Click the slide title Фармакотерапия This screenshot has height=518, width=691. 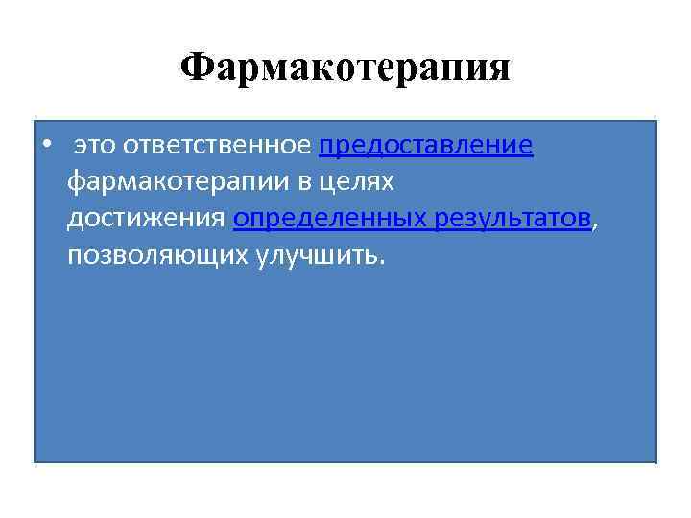coord(345,69)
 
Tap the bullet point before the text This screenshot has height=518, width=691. coord(46,146)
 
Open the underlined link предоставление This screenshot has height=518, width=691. coord(425,146)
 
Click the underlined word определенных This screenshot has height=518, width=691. coord(330,219)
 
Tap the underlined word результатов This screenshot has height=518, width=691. coord(512,219)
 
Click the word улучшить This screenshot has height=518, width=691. coord(318,256)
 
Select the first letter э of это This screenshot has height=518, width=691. coord(80,147)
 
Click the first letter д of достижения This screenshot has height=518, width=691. coord(74,220)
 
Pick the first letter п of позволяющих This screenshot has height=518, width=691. coord(75,256)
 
